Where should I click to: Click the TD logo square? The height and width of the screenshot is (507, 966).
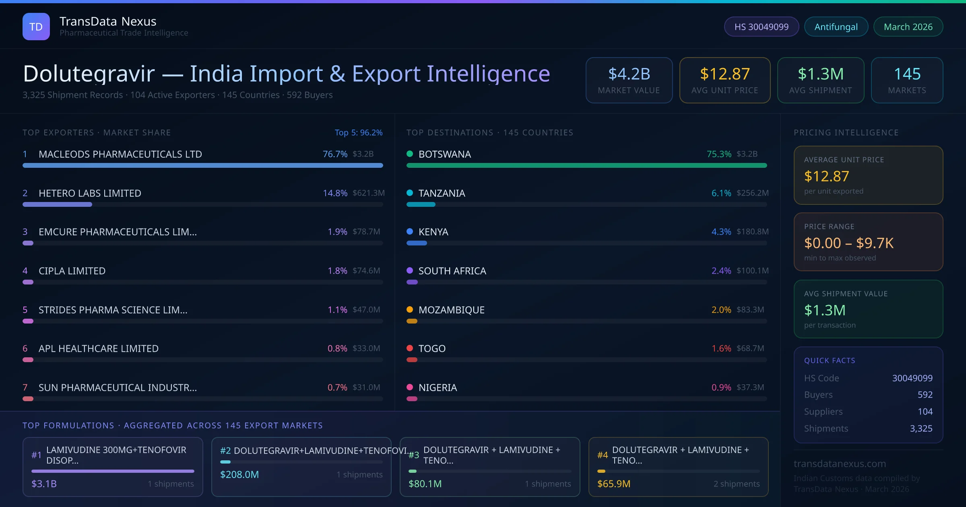coord(36,27)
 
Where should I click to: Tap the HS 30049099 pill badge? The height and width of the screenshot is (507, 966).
coord(761,27)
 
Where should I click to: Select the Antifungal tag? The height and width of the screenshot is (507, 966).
coord(836,27)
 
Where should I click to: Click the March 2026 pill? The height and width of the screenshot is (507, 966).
coord(908,27)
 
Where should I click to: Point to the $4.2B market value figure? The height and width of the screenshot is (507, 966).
coord(629,74)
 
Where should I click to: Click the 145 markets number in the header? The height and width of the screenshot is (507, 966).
coord(907,74)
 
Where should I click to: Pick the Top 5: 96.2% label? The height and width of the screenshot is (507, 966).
coord(358,132)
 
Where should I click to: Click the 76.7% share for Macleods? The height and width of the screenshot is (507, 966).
coord(335,154)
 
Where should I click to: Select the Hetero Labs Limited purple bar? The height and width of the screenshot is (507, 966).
coord(57,204)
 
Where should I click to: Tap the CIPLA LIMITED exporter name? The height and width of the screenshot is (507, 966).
coord(72,271)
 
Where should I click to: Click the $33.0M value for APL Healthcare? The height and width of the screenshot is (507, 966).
coord(366,348)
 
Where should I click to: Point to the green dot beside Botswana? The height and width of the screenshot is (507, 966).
coord(410,154)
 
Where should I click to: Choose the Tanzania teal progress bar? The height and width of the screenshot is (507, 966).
coord(421,204)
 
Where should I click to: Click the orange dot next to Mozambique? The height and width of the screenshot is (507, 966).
coord(410,309)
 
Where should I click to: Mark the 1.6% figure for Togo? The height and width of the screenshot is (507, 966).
coord(721,348)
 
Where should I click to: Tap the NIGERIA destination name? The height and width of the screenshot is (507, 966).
coord(438,387)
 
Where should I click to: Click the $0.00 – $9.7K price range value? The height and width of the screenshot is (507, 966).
coord(848,243)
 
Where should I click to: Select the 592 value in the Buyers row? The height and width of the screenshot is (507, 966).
coord(925,395)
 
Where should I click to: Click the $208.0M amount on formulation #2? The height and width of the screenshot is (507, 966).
coord(239,474)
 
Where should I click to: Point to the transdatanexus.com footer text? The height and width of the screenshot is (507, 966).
coord(840,464)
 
